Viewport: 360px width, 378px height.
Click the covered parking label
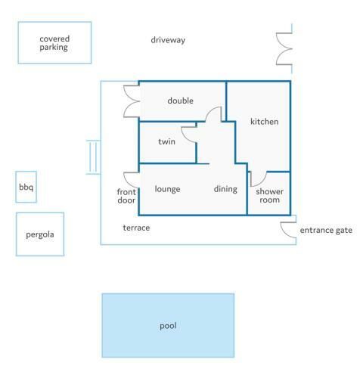(54, 43)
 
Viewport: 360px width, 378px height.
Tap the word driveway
(168, 40)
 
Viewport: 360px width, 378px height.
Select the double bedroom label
(181, 101)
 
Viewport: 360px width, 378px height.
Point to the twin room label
(166, 141)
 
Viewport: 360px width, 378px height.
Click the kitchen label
(265, 122)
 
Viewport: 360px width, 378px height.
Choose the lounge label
(167, 189)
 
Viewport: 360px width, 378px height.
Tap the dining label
(225, 189)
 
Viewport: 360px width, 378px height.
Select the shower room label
(269, 196)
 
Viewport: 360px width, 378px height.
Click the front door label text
(126, 196)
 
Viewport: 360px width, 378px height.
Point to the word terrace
(136, 228)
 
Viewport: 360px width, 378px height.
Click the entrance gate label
(326, 231)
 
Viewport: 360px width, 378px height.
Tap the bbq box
(26, 187)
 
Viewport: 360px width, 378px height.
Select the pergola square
(40, 234)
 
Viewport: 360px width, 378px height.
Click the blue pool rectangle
(168, 325)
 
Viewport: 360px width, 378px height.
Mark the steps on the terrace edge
(93, 157)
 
